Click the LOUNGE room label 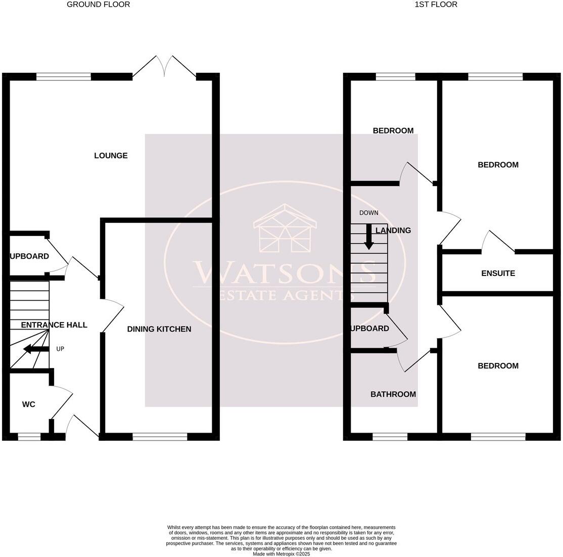click(111, 156)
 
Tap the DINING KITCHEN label click(159, 329)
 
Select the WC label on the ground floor click(29, 404)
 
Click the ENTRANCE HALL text click(54, 325)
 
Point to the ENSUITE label click(498, 273)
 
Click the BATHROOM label click(393, 394)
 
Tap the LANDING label click(393, 230)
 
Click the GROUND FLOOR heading click(99, 5)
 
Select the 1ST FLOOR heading click(436, 5)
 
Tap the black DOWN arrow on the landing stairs click(369, 238)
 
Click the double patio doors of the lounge click(164, 67)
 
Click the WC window click(29, 437)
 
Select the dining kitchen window click(160, 437)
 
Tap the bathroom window click(390, 437)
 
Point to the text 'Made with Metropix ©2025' click(281, 554)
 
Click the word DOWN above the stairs click(368, 213)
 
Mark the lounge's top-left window click(64, 77)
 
